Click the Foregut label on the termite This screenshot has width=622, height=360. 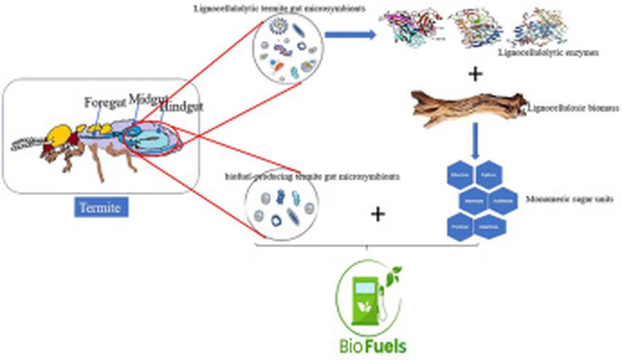pyautogui.click(x=104, y=103)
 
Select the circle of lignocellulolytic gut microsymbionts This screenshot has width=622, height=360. pyautogui.click(x=285, y=49)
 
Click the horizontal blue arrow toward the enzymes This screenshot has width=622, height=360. pyautogui.click(x=350, y=35)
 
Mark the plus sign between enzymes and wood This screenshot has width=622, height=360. pyautogui.click(x=476, y=75)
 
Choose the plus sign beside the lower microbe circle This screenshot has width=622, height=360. pyautogui.click(x=378, y=214)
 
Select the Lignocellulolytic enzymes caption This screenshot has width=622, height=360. pyautogui.click(x=548, y=53)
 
